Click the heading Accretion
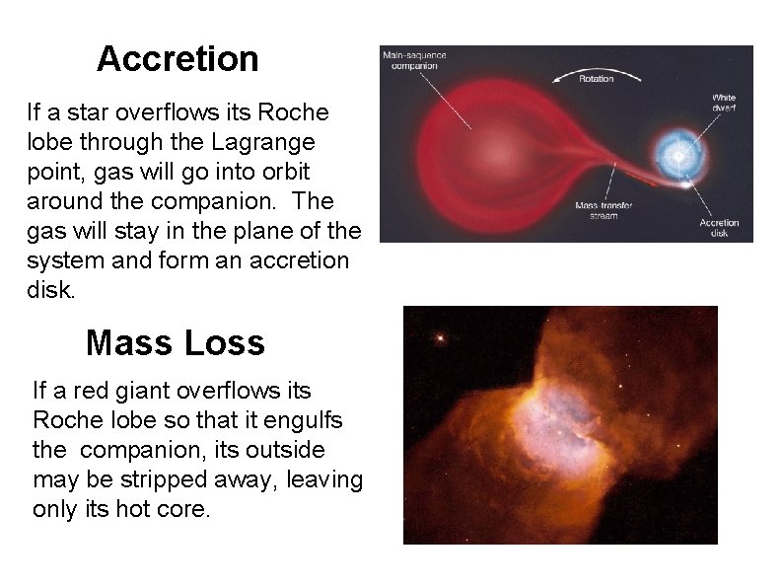(x=178, y=59)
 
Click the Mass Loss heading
(x=176, y=342)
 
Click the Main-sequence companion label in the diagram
(x=414, y=60)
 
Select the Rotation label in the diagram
(x=596, y=79)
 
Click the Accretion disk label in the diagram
(x=719, y=228)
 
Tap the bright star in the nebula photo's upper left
(x=440, y=338)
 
